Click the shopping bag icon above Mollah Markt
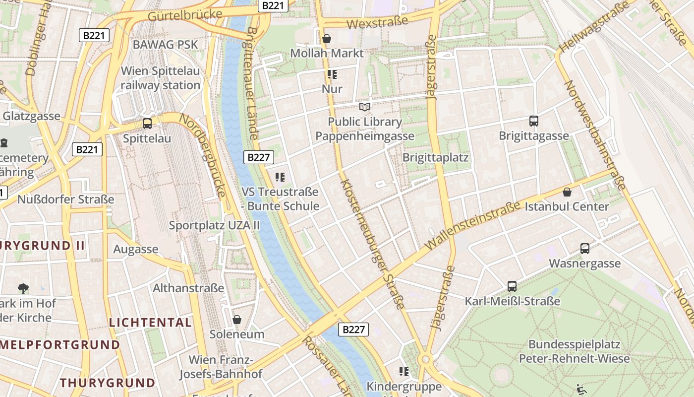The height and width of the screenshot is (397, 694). (x=327, y=38)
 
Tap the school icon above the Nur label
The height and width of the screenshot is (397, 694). (x=332, y=74)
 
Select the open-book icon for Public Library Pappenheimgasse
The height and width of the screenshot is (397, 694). (x=365, y=107)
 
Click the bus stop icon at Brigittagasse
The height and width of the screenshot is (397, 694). (x=534, y=121)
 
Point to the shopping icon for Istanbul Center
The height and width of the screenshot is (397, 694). (x=567, y=192)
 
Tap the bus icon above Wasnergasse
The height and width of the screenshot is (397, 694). (x=585, y=249)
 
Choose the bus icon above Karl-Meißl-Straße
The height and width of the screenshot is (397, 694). (x=512, y=286)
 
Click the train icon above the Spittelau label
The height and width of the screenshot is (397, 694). (x=147, y=124)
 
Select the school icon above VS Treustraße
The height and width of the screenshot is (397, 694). (x=280, y=177)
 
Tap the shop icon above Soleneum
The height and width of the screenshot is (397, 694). (x=237, y=319)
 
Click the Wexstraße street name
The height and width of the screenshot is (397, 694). (x=377, y=22)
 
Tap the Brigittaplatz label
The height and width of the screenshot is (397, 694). (x=435, y=157)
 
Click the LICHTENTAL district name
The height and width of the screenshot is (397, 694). (x=150, y=323)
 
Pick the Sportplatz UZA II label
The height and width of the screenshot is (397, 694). (x=214, y=225)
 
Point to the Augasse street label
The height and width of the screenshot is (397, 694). (x=136, y=249)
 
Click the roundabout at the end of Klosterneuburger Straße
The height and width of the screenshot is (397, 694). (x=425, y=359)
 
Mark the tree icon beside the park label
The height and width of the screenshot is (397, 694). (x=23, y=288)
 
